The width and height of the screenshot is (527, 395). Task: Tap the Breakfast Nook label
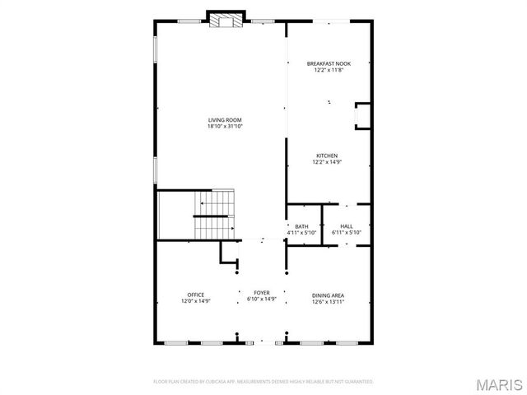click(327, 63)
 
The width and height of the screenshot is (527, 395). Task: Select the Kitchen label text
click(327, 156)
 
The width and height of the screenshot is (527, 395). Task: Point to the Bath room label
click(301, 226)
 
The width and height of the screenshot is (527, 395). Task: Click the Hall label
click(346, 226)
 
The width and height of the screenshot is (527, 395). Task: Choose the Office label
click(195, 295)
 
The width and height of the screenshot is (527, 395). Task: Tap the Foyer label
click(261, 293)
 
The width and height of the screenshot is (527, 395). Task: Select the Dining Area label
click(327, 295)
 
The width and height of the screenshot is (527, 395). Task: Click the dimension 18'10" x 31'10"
click(225, 127)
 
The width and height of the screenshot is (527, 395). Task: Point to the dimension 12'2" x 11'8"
click(327, 70)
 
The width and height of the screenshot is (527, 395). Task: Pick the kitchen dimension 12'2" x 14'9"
click(327, 162)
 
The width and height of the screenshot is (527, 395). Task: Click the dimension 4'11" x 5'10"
click(301, 233)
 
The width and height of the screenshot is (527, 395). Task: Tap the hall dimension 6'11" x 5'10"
click(346, 233)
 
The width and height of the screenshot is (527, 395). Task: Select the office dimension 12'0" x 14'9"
click(195, 301)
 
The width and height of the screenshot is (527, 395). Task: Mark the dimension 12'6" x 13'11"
click(327, 301)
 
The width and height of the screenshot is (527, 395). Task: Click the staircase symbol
click(215, 215)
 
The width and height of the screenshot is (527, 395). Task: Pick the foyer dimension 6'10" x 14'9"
click(261, 300)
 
